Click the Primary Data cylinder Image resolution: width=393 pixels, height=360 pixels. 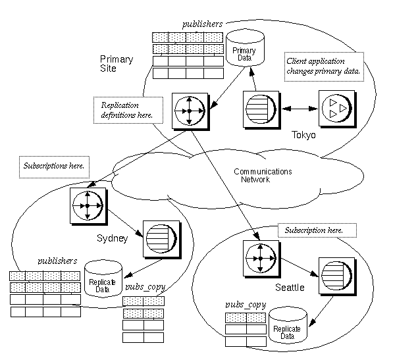pyautogui.click(x=244, y=51)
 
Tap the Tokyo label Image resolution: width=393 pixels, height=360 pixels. pyautogui.click(x=303, y=134)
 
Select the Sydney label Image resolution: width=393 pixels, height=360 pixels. pyautogui.click(x=111, y=238)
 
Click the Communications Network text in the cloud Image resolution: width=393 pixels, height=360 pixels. pyautogui.click(x=262, y=175)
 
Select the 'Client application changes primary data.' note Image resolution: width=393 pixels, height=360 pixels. pyautogui.click(x=323, y=66)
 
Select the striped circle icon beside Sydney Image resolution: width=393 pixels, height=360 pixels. pyautogui.click(x=159, y=237)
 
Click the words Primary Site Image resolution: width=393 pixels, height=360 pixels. pyautogui.click(x=117, y=64)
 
